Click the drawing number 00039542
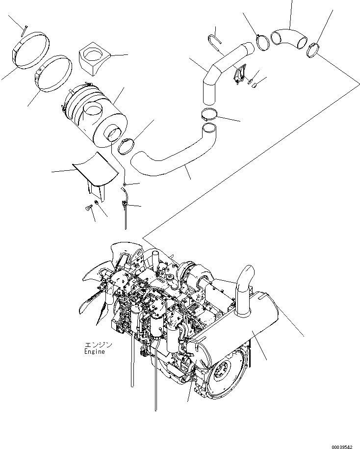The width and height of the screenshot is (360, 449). pyautogui.click(x=341, y=446)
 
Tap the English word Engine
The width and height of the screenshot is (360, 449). pyautogui.click(x=94, y=352)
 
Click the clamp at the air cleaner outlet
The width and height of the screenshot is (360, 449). pyautogui.click(x=127, y=146)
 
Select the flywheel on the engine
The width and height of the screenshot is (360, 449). pyautogui.click(x=226, y=372)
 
